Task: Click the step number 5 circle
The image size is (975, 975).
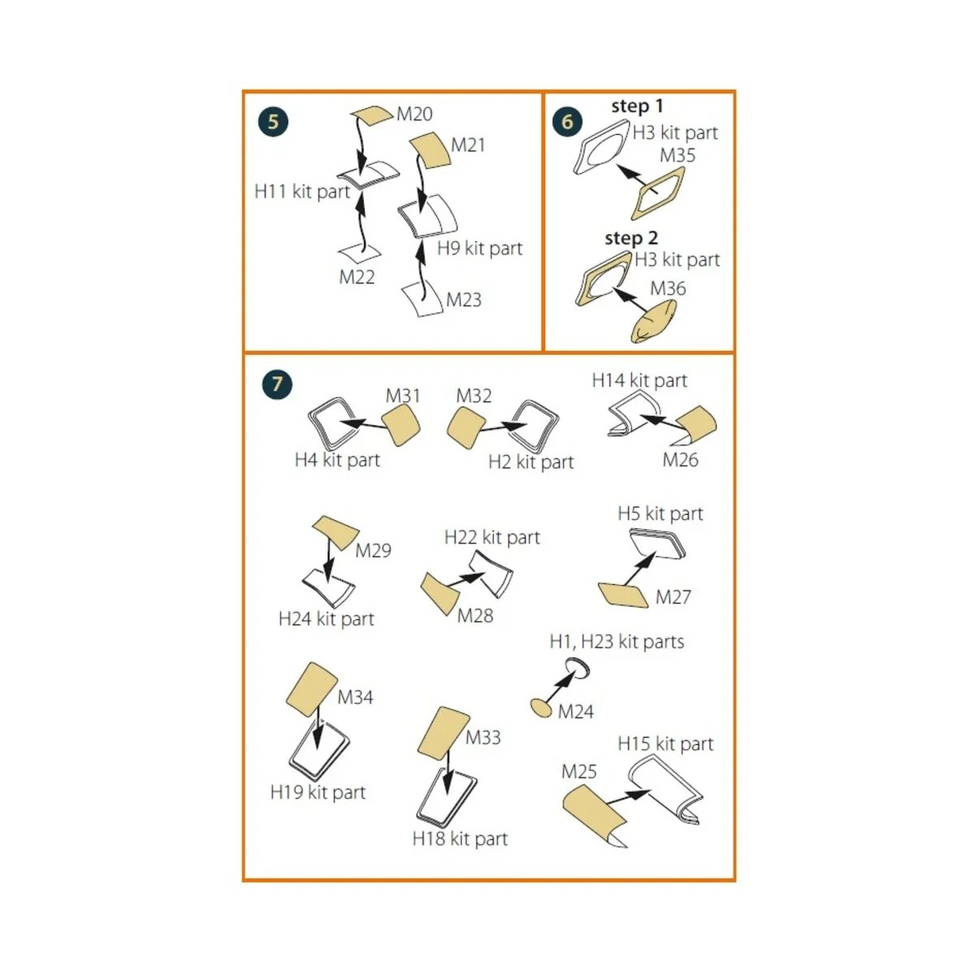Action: tap(273, 122)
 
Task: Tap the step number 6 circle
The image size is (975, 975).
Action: tap(567, 122)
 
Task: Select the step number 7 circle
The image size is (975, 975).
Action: tap(277, 384)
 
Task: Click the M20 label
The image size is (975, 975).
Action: tap(414, 115)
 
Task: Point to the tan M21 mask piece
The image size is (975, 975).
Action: tap(430, 150)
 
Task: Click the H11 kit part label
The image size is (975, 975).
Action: tap(302, 192)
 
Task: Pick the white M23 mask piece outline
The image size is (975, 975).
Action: tap(422, 298)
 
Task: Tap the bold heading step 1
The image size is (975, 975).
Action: tap(637, 106)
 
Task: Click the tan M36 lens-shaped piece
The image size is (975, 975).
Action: tap(652, 320)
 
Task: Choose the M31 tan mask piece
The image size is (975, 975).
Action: tap(401, 424)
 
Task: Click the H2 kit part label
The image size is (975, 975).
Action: tap(531, 462)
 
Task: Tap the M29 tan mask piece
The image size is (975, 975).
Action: tap(336, 532)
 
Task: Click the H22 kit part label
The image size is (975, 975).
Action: tap(492, 537)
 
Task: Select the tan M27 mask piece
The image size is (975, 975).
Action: tap(623, 595)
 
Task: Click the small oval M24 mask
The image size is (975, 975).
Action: tap(541, 708)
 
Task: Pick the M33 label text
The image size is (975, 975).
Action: tap(483, 737)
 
